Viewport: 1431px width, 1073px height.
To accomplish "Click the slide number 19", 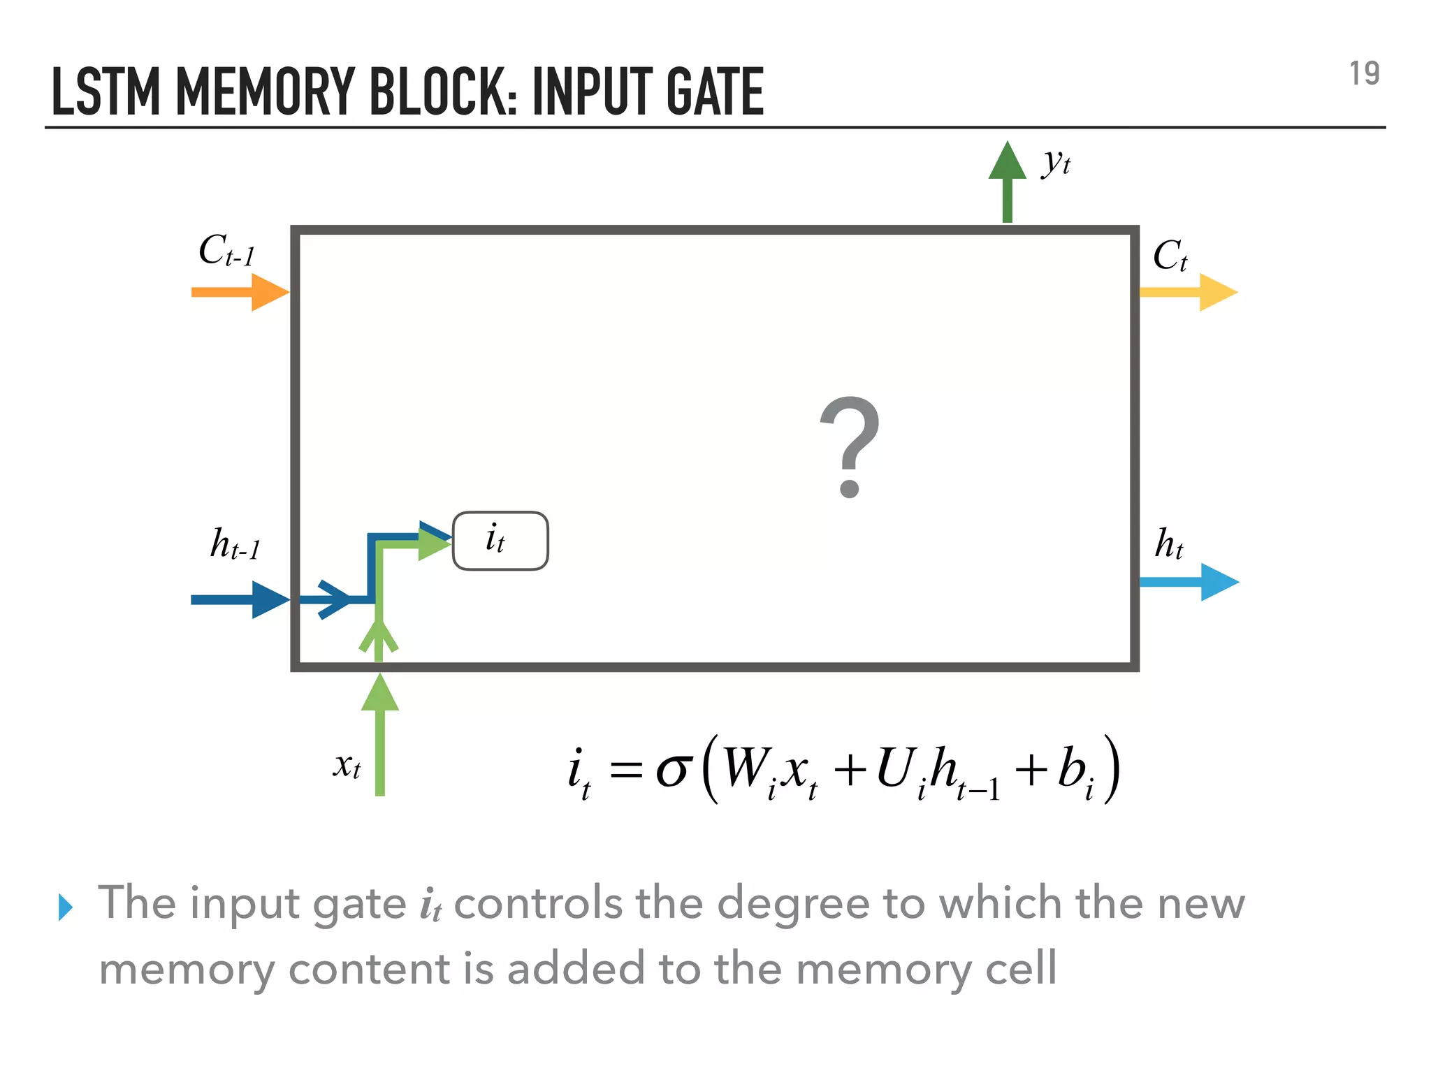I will click(x=1364, y=74).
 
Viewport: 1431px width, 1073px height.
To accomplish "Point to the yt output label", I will click(x=1056, y=163).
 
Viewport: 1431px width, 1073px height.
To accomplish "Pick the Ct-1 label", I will click(x=226, y=251).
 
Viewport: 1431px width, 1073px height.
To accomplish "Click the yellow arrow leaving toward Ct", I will click(x=1188, y=292).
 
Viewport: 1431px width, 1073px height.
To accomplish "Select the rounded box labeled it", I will click(x=500, y=541).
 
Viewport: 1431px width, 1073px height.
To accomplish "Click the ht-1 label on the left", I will click(x=235, y=544).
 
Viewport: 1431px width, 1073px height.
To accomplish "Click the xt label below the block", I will click(x=347, y=766).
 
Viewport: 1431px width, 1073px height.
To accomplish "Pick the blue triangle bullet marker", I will click(x=66, y=907).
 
